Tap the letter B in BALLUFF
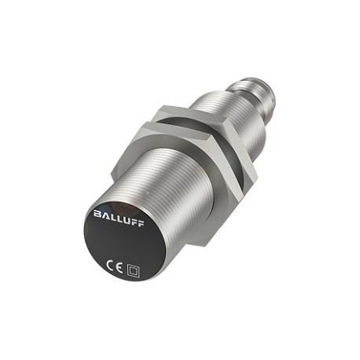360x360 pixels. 97,214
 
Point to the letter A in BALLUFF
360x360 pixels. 105,215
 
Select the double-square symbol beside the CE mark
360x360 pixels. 133,271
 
